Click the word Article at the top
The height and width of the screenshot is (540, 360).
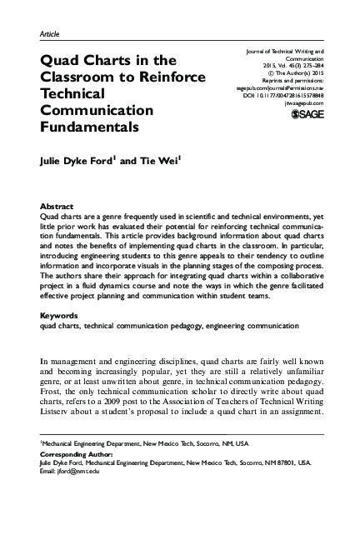click(x=50, y=33)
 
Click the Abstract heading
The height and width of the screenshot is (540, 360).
click(x=57, y=205)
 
